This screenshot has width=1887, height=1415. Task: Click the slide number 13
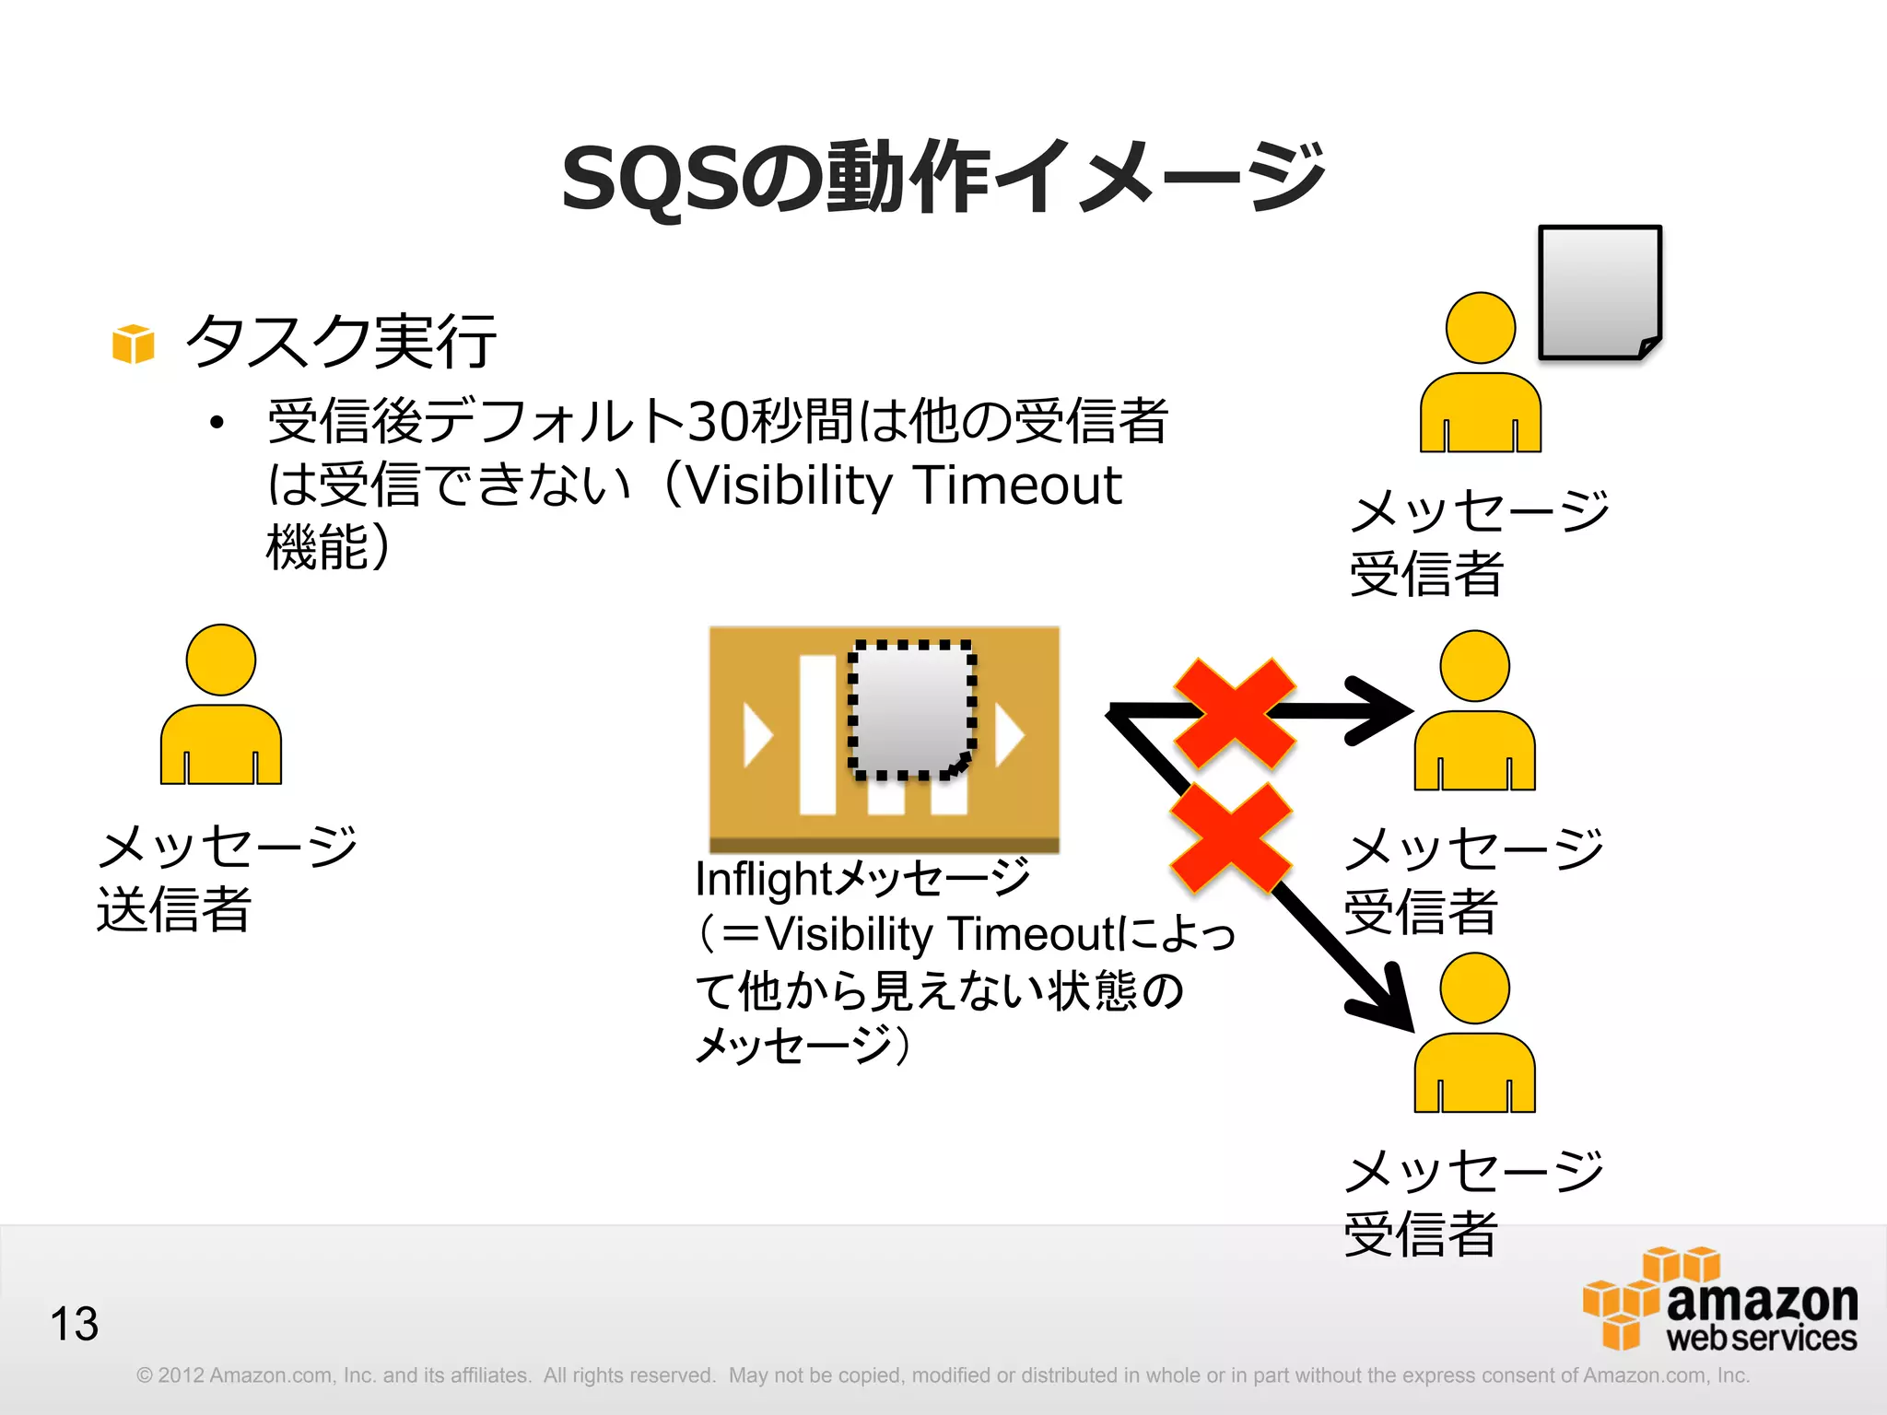point(74,1324)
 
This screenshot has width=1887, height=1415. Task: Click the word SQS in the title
point(650,179)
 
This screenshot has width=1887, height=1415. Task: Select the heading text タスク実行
point(341,341)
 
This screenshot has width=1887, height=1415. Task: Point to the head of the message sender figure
point(220,660)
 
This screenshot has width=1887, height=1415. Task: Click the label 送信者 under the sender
point(174,909)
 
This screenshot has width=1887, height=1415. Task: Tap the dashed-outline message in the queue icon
point(910,709)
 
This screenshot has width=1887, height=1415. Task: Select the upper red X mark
point(1234,713)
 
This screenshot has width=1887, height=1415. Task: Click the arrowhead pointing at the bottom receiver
point(1387,1004)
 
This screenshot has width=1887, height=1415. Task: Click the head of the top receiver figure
point(1480,328)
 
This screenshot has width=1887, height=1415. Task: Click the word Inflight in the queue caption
point(763,879)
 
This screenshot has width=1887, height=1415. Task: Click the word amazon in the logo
point(1761,1301)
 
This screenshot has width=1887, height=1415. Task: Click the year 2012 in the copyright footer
point(181,1375)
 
